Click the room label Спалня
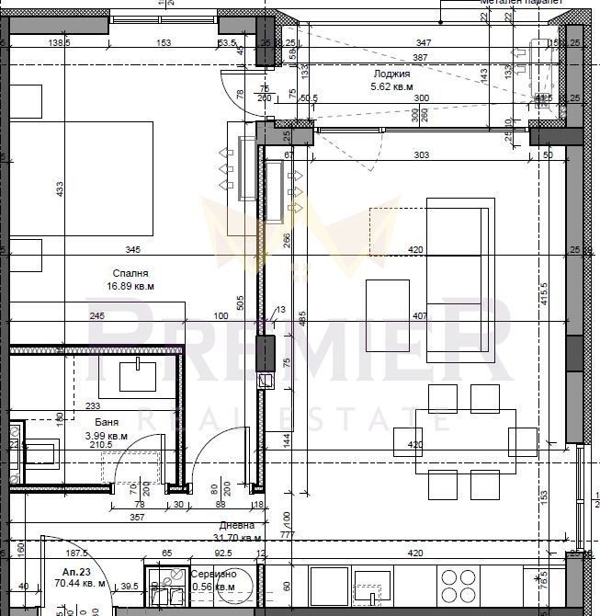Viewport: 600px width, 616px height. (130, 273)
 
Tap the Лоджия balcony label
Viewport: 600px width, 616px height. (391, 74)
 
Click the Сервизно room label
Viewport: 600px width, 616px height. (213, 575)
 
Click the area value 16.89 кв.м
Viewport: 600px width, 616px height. (130, 286)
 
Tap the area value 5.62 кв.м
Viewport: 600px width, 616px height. (391, 87)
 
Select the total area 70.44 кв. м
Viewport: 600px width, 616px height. (79, 583)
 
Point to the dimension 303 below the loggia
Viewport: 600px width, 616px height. (421, 155)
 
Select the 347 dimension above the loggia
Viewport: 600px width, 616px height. (423, 43)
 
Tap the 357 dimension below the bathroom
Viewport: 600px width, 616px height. (136, 518)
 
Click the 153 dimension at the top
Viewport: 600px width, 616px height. (164, 43)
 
